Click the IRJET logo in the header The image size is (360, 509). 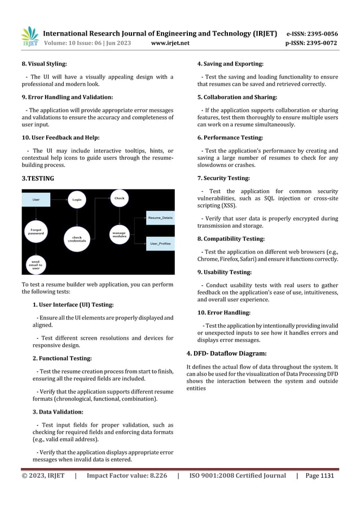[29, 36]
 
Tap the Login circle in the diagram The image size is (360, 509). [76, 200]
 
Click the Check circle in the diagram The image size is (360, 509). [119, 199]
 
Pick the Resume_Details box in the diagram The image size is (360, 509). [160, 217]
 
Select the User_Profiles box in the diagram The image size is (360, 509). [160, 244]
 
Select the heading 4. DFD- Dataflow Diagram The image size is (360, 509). [226, 354]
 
